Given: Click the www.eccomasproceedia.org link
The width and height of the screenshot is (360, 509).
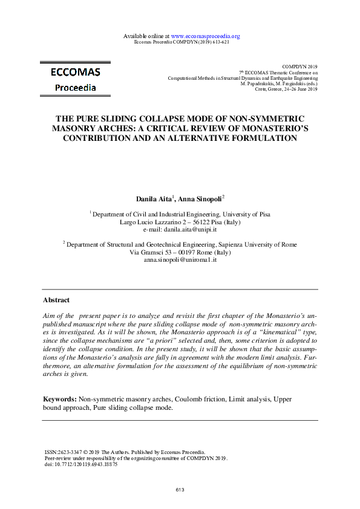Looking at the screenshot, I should [206, 36].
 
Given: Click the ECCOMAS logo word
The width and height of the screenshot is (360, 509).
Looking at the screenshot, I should [75, 73].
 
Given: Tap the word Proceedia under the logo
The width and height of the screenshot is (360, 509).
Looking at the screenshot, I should [75, 88].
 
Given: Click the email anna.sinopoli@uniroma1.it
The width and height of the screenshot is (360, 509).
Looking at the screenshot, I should [180, 259].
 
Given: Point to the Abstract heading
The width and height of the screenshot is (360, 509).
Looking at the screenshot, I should [56, 300].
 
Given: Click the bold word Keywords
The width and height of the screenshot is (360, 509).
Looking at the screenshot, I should [59, 400].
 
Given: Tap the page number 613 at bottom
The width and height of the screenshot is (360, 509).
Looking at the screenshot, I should [180, 490].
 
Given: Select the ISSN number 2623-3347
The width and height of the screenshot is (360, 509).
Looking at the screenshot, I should [70, 452].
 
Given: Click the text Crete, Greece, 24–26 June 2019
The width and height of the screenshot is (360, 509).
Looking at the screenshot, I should [286, 89].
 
